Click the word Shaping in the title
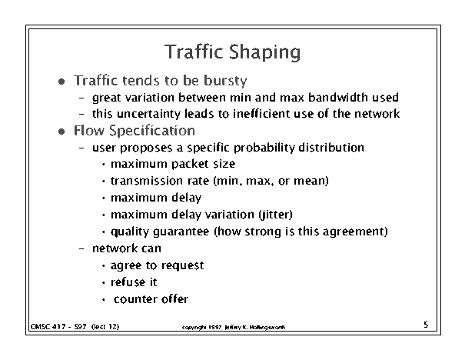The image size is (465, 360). pyautogui.click(x=265, y=53)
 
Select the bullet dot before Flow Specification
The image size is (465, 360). pyautogui.click(x=61, y=132)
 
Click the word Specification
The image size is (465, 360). pyautogui.click(x=152, y=132)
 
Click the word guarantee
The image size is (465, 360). pyautogui.click(x=181, y=232)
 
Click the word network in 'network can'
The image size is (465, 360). pyautogui.click(x=115, y=248)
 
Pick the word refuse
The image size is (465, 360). pyautogui.click(x=128, y=282)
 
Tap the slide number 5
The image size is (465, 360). pyautogui.click(x=426, y=325)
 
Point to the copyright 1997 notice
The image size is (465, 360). pyautogui.click(x=234, y=328)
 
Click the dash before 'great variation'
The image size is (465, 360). pyautogui.click(x=81, y=98)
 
